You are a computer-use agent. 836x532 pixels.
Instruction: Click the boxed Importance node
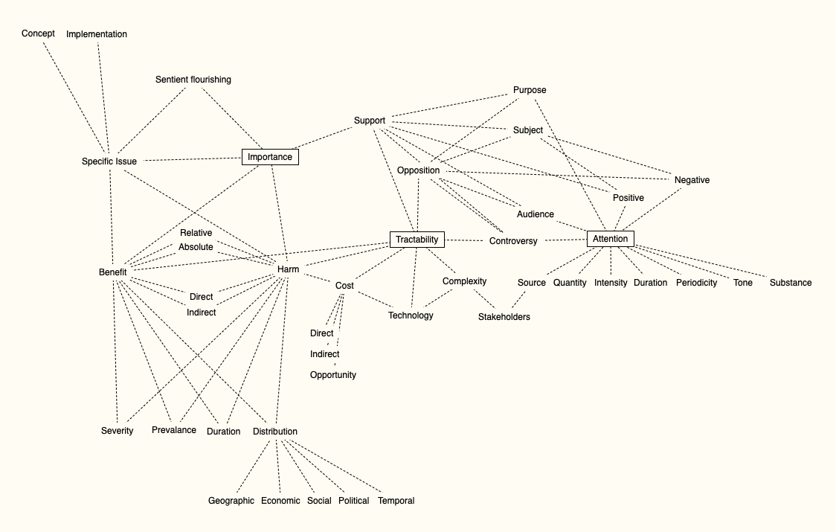tap(270, 157)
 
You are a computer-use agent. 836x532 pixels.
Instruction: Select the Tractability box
tap(417, 240)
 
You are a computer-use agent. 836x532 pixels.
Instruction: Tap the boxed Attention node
tap(611, 239)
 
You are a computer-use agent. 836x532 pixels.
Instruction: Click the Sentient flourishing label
tap(193, 80)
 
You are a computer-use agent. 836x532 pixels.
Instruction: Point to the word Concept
tap(38, 33)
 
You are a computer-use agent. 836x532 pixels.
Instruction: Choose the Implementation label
tap(97, 34)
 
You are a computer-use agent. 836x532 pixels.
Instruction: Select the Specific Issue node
tap(109, 161)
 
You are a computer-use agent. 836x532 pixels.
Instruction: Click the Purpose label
tap(530, 90)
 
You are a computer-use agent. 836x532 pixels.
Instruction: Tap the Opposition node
tap(419, 170)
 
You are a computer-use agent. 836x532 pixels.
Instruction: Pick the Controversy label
tap(513, 241)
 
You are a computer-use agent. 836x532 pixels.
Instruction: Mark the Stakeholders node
tap(504, 317)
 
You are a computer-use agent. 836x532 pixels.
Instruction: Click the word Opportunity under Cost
tap(333, 375)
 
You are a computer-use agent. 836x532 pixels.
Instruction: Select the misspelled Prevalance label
tap(174, 430)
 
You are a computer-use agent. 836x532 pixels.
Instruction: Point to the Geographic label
tap(231, 501)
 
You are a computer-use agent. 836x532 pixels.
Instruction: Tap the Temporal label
tap(396, 501)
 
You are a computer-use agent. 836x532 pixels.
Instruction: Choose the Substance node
tap(791, 283)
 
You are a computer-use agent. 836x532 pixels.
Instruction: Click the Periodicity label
tap(697, 283)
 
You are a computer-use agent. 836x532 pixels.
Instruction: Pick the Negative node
tap(692, 180)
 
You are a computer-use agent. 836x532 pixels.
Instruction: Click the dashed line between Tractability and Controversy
tap(466, 240)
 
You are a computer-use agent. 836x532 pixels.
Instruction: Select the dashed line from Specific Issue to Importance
tap(190, 159)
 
